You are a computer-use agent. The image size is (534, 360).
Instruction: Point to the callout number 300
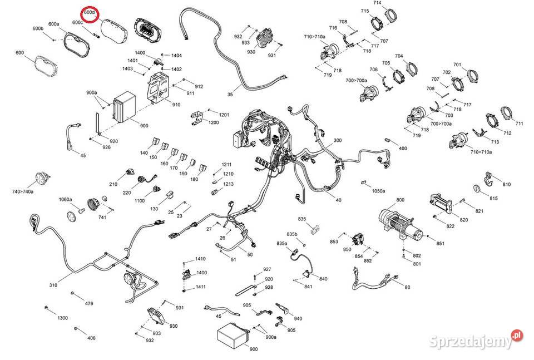338,140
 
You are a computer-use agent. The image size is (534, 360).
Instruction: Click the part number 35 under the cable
230,95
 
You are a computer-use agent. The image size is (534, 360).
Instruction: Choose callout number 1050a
378,191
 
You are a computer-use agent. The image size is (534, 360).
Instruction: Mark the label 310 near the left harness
53,285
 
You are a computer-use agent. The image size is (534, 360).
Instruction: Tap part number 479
89,304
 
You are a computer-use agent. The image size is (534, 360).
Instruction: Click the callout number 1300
62,318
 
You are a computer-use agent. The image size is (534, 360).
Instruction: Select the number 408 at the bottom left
91,338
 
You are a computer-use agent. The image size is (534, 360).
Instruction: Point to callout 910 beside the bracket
176,105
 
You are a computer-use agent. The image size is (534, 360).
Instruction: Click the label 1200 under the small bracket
214,122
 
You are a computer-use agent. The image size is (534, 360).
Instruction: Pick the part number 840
324,278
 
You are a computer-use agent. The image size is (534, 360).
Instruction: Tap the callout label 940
298,318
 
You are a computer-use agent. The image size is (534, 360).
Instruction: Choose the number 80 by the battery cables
407,287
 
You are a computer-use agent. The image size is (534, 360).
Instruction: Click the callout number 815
493,199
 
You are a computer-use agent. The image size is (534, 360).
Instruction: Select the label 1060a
66,199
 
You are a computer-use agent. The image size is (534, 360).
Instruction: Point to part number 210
113,184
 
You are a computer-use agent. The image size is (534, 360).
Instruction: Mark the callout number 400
403,149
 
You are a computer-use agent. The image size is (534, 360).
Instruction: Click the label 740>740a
23,191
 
